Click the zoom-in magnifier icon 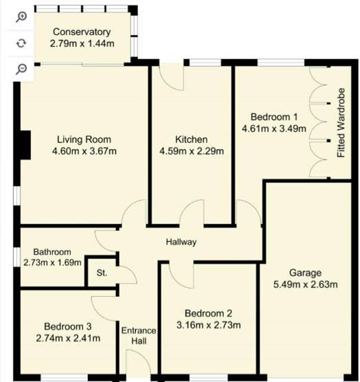coord(21,17)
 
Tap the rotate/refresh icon coord(21,43)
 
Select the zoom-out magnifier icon coord(21,68)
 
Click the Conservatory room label coord(82,32)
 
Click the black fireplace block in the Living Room coord(25,145)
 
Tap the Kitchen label coord(191,139)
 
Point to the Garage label coord(305,273)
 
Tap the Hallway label coord(181,242)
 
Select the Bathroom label coord(52,252)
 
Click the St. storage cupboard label coord(102,273)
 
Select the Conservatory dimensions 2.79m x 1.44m coord(82,43)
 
